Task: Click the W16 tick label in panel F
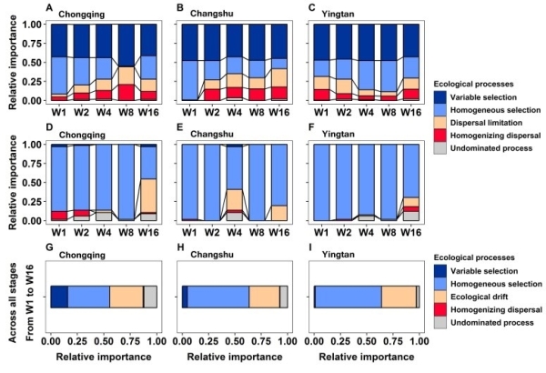(414, 233)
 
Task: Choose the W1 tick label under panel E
(192, 233)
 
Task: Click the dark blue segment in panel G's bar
(59, 297)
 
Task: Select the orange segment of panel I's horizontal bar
(398, 297)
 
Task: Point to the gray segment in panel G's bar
(150, 297)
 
